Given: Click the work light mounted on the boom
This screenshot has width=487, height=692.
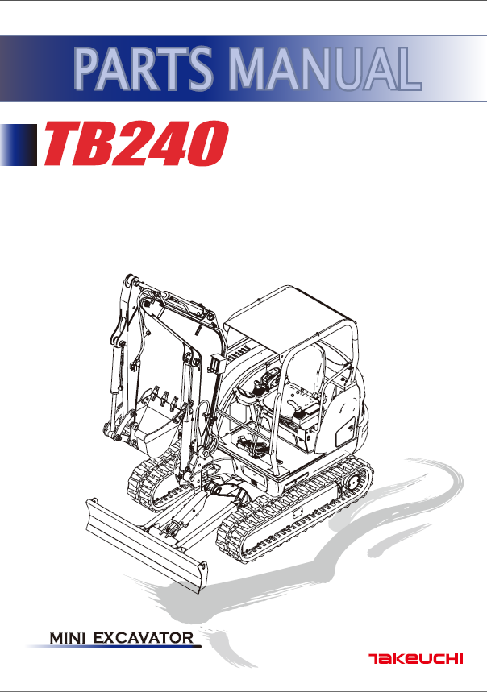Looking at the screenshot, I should [x=215, y=363].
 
